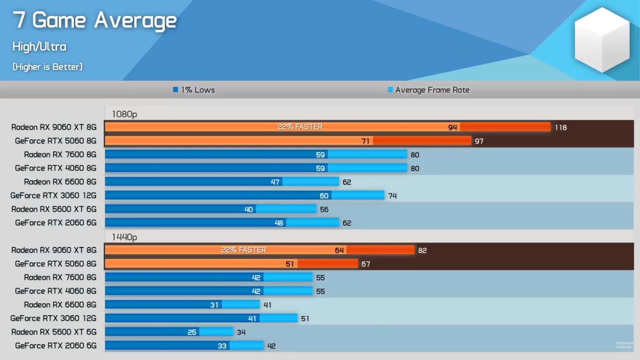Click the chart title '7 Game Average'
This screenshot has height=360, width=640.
95,21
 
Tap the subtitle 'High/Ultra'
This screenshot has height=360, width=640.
39,46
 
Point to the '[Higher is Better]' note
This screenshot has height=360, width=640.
47,67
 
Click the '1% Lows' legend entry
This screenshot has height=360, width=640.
194,90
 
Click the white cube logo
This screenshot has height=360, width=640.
602,39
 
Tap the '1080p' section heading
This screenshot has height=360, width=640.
124,114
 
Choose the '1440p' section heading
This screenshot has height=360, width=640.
124,237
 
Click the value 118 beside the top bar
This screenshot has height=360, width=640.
561,127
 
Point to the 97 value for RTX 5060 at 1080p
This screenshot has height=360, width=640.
479,141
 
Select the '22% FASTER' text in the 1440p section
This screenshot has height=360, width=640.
244,250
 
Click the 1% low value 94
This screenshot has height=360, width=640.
452,127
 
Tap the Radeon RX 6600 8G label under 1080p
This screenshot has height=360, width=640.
60,182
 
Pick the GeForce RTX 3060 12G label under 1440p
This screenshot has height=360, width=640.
53,318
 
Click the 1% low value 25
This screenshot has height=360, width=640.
192,332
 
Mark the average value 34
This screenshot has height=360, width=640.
241,332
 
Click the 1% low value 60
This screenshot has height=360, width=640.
324,195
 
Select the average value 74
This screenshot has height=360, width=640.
393,195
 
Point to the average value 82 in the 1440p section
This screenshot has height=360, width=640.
423,251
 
